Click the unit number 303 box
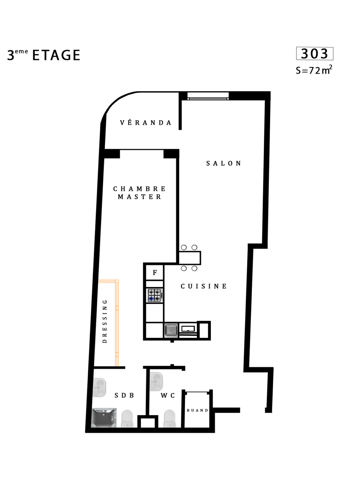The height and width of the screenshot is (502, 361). point(314,54)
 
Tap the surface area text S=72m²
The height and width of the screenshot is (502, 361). point(314,70)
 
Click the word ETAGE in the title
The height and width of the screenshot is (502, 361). point(56,55)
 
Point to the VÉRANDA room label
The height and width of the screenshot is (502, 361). point(146,123)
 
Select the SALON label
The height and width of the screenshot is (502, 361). point(223,163)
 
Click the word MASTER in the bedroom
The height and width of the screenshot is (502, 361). point(139,197)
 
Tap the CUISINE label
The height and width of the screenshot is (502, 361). point(204,286)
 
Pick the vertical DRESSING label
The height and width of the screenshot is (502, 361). point(105,321)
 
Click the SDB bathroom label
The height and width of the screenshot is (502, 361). point(124,395)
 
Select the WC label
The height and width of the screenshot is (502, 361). point(168,395)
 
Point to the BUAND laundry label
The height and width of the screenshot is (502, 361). point(197,410)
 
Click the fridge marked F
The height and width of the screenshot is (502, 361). point(155,273)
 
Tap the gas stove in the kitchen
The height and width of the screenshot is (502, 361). point(155,295)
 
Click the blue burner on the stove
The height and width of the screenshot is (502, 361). point(151,298)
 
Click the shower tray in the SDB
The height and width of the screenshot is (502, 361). point(104,417)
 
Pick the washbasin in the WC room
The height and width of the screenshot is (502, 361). point(156,381)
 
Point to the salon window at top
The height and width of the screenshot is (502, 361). point(208,96)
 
